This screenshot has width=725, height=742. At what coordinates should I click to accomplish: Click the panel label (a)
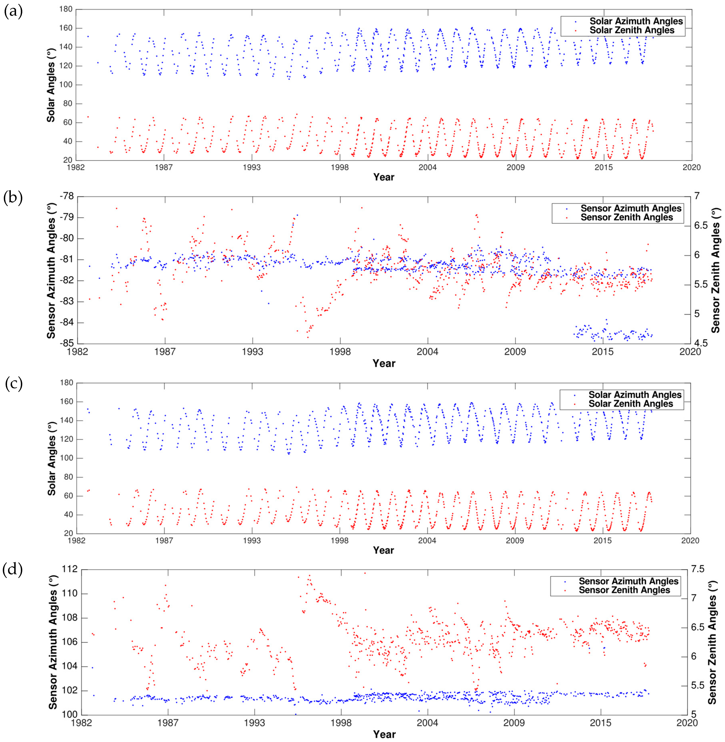13,12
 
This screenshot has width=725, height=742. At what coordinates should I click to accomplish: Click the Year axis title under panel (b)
384,363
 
